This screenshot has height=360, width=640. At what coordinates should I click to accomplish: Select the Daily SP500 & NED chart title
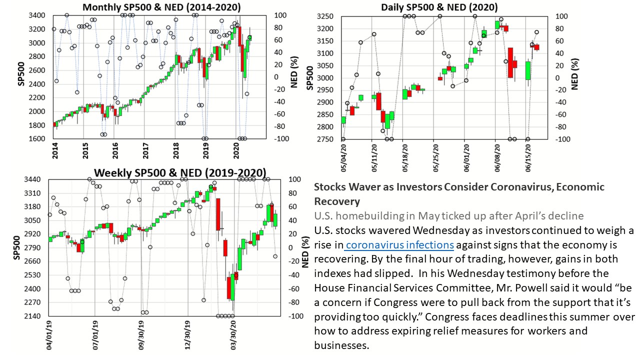click(x=439, y=7)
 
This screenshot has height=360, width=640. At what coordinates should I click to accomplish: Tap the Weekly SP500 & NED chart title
click(x=180, y=172)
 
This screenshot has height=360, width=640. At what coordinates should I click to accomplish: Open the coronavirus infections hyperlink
click(x=399, y=245)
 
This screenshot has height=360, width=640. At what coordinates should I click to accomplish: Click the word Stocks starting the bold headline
click(x=328, y=187)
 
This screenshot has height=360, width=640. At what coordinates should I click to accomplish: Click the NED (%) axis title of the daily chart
click(x=575, y=73)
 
